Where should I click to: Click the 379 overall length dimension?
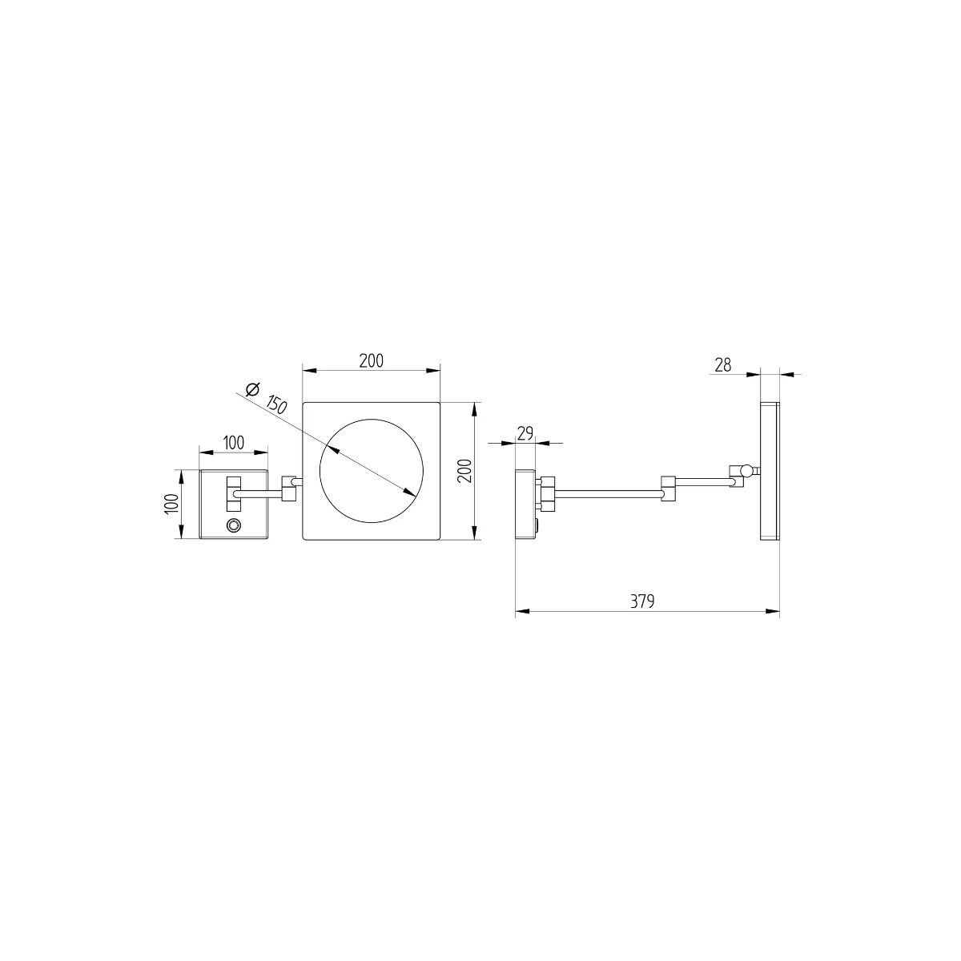[x=641, y=601]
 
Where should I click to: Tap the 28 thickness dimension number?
[x=722, y=365]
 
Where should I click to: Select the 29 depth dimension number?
[x=525, y=433]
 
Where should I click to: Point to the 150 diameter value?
[x=277, y=404]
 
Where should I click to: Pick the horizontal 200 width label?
[x=372, y=360]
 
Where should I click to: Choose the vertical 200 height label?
[x=464, y=470]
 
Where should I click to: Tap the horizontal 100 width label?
[x=233, y=443]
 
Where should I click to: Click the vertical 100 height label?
[x=171, y=505]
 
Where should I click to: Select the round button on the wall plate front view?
[x=233, y=525]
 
